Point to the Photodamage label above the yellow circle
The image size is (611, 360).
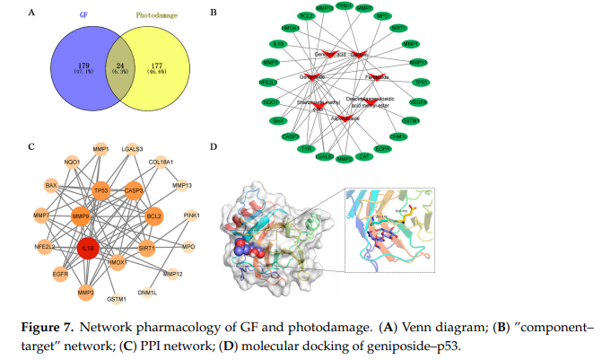[x=155, y=16]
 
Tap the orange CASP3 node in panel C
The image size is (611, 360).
[x=134, y=190]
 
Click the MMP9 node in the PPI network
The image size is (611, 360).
[x=82, y=215]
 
